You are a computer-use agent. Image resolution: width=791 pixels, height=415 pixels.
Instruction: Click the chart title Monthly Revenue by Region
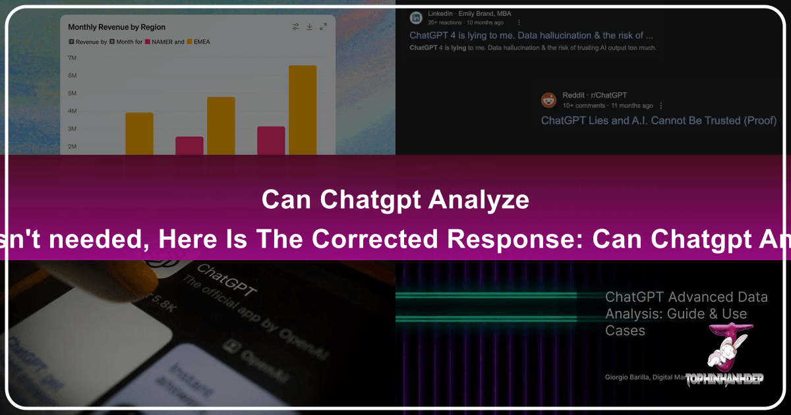pyautogui.click(x=117, y=27)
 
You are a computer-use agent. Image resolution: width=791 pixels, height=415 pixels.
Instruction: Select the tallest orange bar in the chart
pyautogui.click(x=303, y=109)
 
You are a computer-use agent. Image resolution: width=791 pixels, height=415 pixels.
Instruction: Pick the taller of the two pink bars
pyautogui.click(x=271, y=140)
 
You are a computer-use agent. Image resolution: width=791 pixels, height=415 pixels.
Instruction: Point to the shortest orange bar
pyautogui.click(x=139, y=133)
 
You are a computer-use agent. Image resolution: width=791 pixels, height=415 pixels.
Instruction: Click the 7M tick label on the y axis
pyautogui.click(x=73, y=58)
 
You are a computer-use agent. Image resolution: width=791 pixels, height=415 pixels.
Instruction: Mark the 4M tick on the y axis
pyautogui.click(x=73, y=111)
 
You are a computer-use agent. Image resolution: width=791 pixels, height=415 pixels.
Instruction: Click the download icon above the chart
pyautogui.click(x=309, y=27)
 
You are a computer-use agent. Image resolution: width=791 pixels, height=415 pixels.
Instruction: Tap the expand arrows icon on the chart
pyautogui.click(x=323, y=27)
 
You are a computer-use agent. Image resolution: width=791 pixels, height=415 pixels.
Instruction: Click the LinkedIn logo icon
pyautogui.click(x=415, y=18)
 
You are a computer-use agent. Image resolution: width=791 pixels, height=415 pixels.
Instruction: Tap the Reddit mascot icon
pyautogui.click(x=548, y=100)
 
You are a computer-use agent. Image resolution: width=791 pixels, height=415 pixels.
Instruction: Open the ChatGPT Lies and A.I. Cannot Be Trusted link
pyautogui.click(x=659, y=121)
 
